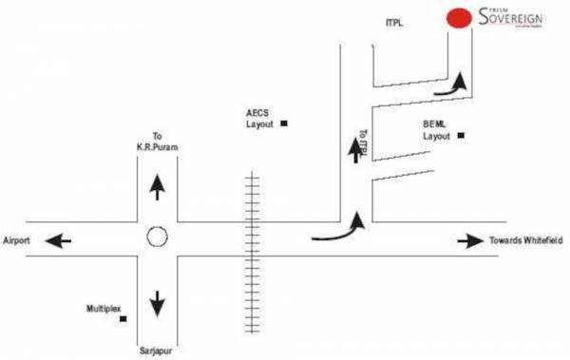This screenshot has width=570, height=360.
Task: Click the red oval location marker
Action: pos(460,18)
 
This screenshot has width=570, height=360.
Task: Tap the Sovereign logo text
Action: pos(511,17)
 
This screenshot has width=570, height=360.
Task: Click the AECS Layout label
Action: pos(259,119)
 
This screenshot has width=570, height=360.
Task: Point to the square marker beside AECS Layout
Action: pos(284,124)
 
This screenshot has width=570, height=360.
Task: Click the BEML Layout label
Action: pos(437,130)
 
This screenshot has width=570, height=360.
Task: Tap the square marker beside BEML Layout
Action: pos(461,136)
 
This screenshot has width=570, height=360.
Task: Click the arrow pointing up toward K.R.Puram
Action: pos(158,187)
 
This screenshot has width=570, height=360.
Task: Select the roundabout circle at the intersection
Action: pos(158,237)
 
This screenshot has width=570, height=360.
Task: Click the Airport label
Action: pos(18,241)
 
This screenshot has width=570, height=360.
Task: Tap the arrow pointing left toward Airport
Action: pos(60,241)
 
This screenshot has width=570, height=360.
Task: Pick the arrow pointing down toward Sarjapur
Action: pos(158,302)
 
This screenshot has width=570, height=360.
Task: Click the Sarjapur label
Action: pos(157,350)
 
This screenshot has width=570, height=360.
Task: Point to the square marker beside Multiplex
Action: pos(123,319)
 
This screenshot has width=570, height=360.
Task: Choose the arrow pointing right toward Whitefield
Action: pos(470,241)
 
